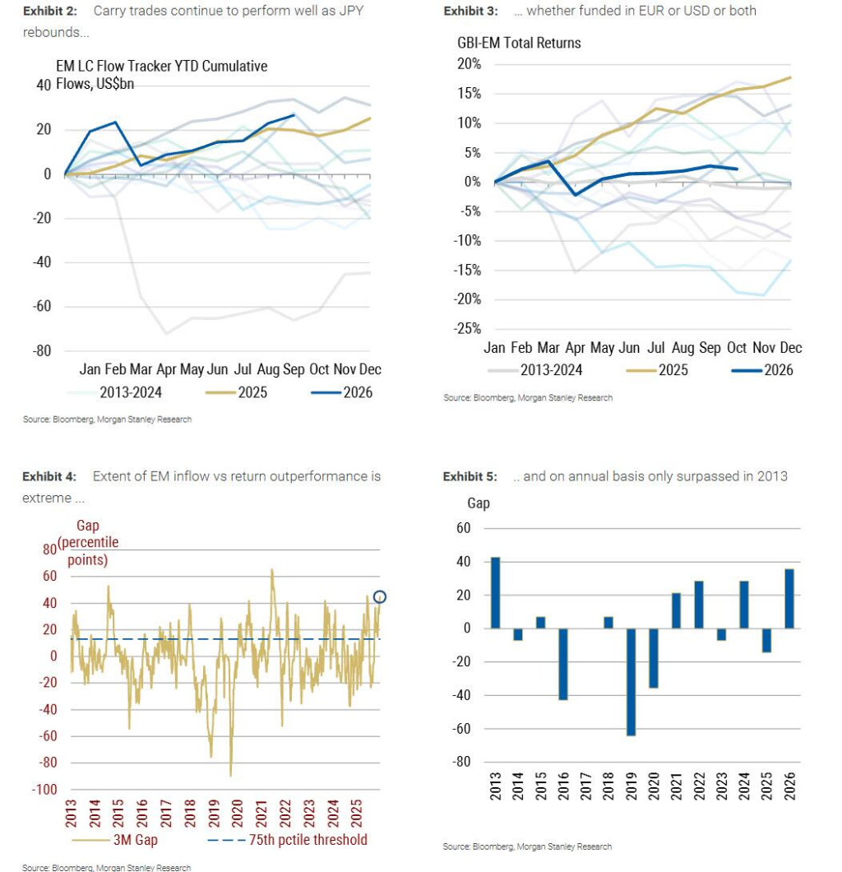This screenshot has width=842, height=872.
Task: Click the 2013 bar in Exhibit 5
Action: coord(495,593)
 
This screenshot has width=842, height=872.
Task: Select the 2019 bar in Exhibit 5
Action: coord(631,682)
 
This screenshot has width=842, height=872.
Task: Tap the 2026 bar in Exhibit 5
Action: coord(789,598)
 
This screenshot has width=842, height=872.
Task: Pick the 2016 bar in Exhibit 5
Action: coord(563,664)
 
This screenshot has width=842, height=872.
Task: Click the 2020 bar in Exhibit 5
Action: coord(654,658)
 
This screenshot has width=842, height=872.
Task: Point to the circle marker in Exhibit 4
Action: coord(380,596)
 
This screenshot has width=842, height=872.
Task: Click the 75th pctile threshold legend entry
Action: coord(287,840)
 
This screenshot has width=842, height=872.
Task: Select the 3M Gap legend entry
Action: coord(115,840)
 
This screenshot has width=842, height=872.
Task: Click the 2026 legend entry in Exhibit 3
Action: coord(762,370)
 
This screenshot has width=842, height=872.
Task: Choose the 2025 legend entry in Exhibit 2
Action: coord(236,392)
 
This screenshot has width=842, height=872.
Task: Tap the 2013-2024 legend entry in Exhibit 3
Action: coord(534,370)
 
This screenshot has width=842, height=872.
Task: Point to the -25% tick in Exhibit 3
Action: coord(467,329)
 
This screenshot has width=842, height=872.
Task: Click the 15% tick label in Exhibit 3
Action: coord(470,94)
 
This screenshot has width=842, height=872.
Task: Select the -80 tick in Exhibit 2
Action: coord(42,351)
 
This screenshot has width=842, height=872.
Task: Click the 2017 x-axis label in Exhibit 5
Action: coord(585,786)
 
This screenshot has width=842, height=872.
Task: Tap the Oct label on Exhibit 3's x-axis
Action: coord(737,348)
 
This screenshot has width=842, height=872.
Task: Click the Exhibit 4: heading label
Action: coord(49,476)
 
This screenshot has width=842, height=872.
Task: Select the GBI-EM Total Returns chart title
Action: coord(519,43)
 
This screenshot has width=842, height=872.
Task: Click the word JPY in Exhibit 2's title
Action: coord(351,11)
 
